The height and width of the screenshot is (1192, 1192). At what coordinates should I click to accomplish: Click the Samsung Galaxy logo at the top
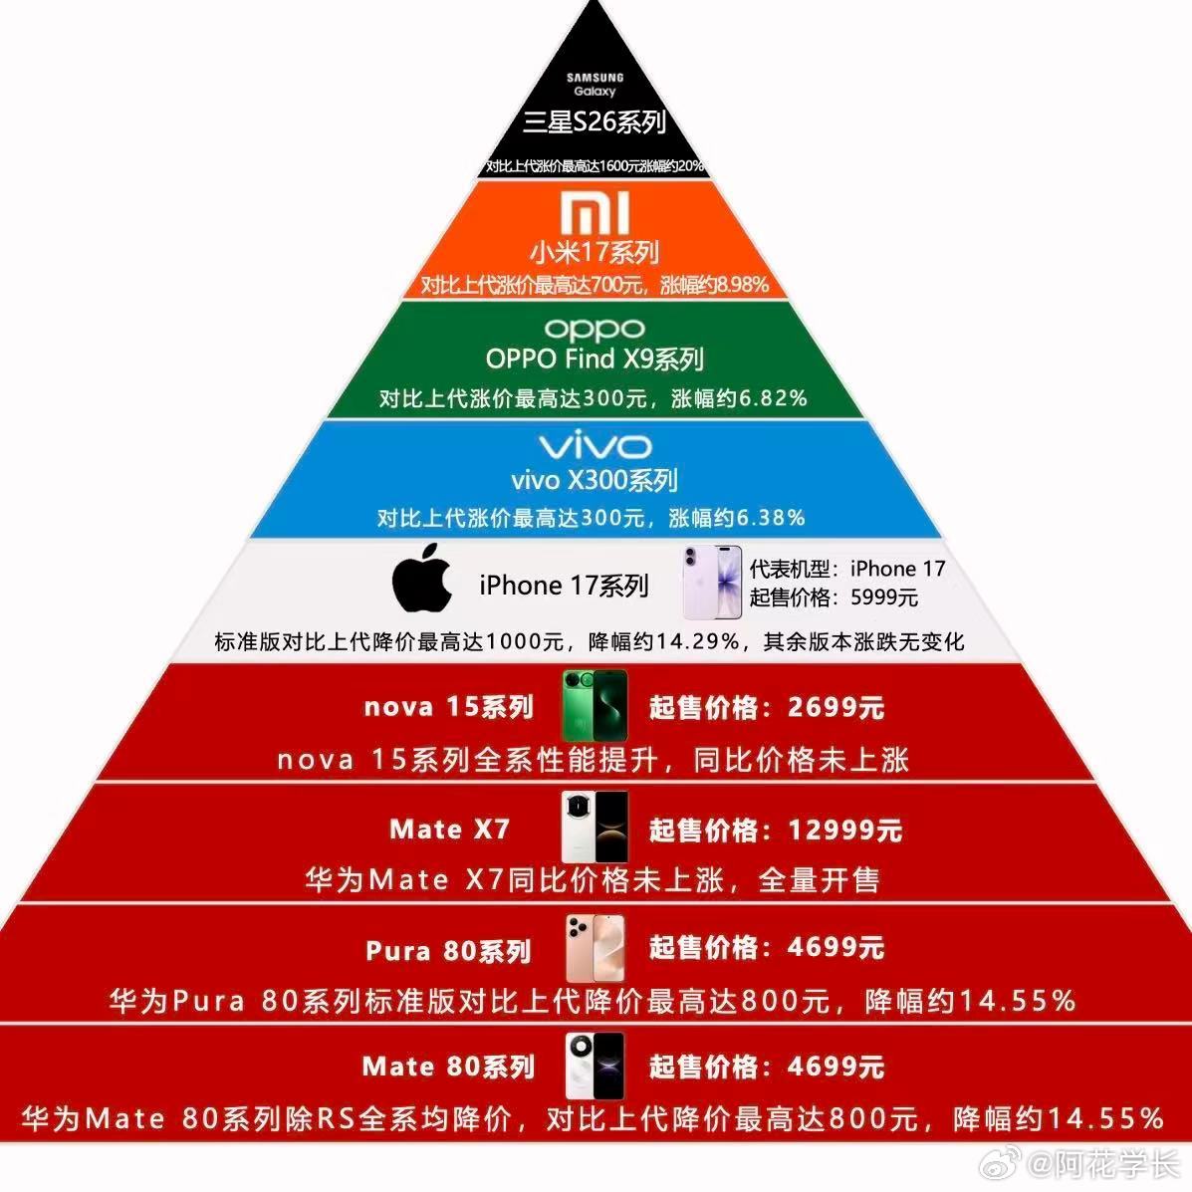[x=595, y=84]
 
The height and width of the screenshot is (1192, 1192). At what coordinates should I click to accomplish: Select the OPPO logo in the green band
[x=596, y=329]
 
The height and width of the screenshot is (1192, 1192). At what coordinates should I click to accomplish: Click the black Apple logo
[x=422, y=578]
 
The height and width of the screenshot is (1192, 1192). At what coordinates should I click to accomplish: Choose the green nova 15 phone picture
[x=595, y=705]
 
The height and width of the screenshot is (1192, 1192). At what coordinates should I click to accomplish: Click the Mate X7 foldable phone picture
[x=595, y=827]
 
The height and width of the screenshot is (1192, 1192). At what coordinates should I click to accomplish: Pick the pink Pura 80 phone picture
[x=595, y=949]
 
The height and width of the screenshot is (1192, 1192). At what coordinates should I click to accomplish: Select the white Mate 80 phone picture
[x=595, y=1067]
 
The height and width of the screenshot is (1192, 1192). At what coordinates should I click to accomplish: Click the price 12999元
[x=844, y=830]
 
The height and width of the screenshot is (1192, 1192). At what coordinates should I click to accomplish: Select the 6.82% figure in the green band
[x=772, y=398]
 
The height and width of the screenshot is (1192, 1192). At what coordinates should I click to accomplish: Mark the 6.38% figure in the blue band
[x=769, y=517]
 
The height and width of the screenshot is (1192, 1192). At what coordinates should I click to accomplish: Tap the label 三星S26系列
[x=595, y=122]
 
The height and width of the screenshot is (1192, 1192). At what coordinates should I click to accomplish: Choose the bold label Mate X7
[x=449, y=829]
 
